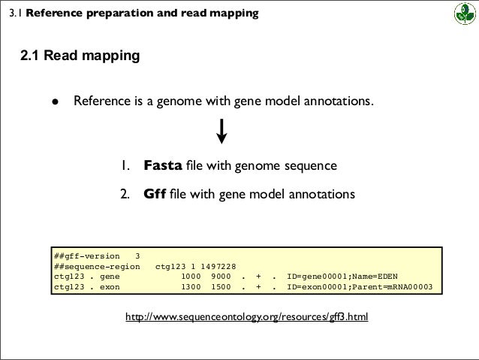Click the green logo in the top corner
click(459, 14)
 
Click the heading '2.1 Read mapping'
click(80, 56)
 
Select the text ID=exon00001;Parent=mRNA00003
click(366, 286)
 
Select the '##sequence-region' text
click(97, 265)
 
